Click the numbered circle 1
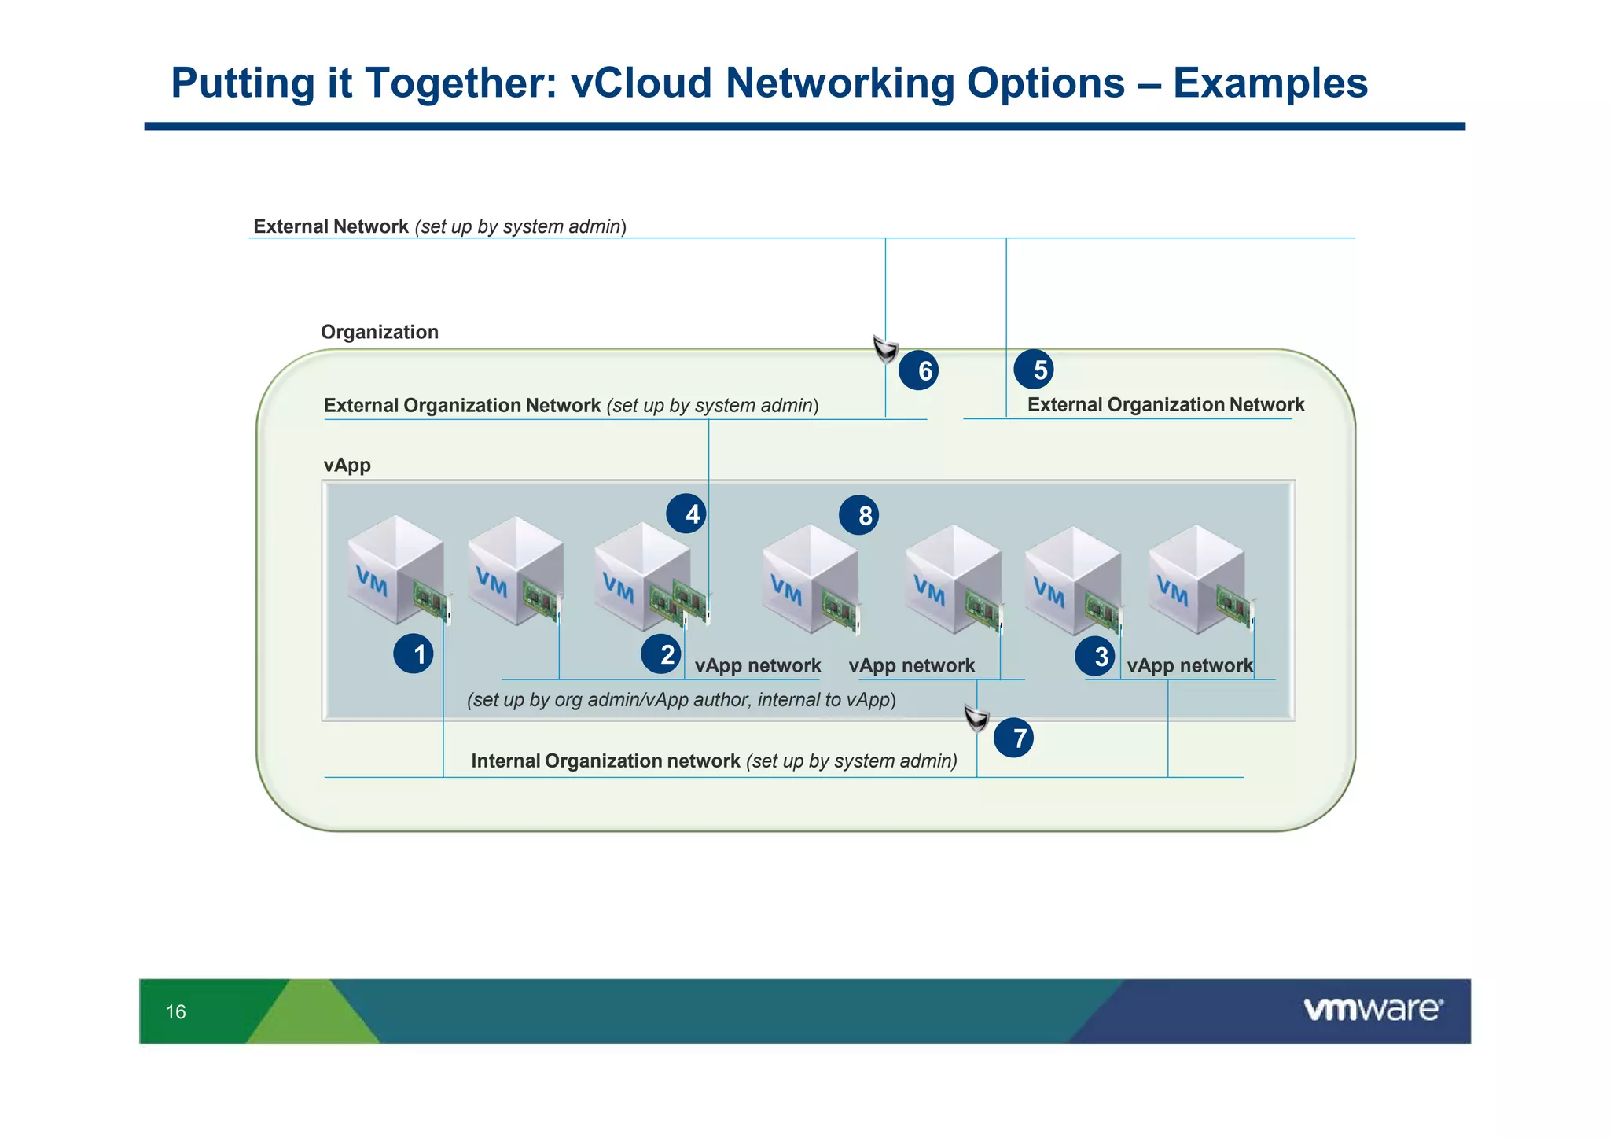(414, 654)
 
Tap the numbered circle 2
(661, 654)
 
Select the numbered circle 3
(1095, 656)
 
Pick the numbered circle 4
(686, 514)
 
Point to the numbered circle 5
(1034, 370)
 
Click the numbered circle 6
(918, 370)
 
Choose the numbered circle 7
(1013, 738)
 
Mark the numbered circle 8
(858, 516)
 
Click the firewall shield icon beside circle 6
(886, 348)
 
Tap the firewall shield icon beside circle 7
(976, 717)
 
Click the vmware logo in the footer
(1373, 1009)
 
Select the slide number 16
(176, 1012)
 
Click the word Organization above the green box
(380, 332)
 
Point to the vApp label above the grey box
(347, 465)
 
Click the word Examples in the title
(1270, 83)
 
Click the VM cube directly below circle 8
(810, 580)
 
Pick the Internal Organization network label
(605, 761)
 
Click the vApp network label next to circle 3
(1189, 665)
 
